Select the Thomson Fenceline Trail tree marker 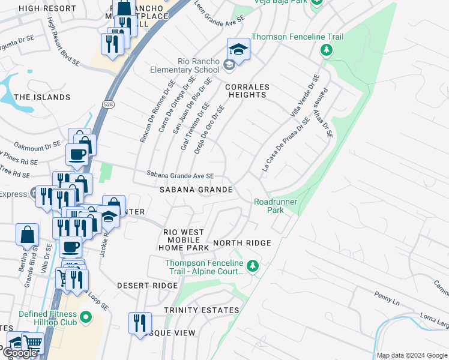(x=327, y=50)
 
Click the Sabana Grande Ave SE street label (x=181, y=176)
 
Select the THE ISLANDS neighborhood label (x=42, y=97)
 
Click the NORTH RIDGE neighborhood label (x=242, y=243)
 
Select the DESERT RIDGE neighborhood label (x=147, y=286)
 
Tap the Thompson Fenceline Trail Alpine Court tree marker (x=253, y=265)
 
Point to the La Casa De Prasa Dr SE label (x=286, y=145)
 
